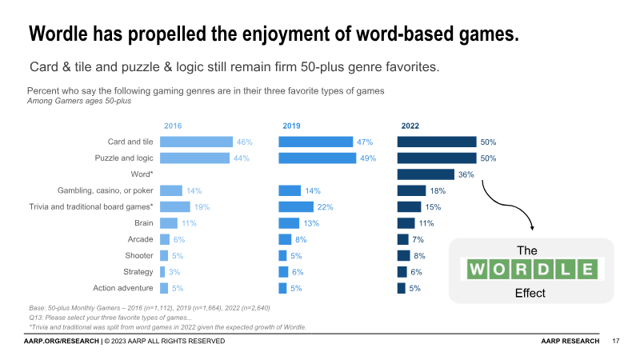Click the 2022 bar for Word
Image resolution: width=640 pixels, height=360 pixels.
point(426,174)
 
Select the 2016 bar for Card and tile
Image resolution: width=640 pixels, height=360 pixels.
point(196,142)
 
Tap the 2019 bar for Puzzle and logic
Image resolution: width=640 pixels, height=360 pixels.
point(317,158)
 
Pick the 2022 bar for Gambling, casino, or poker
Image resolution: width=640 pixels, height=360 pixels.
point(411,190)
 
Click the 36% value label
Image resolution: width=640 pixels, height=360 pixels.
point(466,174)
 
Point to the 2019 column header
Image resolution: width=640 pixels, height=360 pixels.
point(291,126)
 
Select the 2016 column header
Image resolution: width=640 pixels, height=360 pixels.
point(173,126)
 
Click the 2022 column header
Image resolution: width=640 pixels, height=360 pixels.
point(410,126)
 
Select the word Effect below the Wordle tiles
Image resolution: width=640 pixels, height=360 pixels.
point(530,293)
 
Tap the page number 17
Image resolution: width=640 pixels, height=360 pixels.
point(616,342)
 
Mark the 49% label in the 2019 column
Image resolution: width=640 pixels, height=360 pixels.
point(368,158)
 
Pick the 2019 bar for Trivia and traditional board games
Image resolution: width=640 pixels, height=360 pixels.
point(296,207)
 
